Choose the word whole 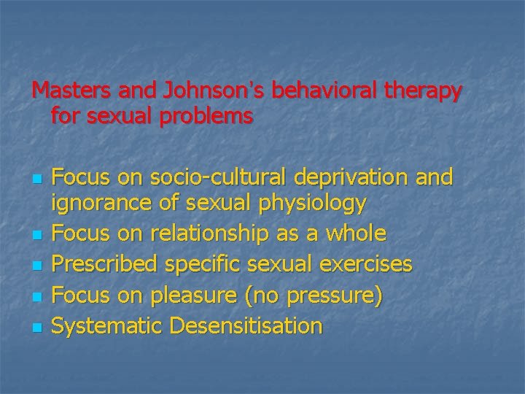click(x=357, y=233)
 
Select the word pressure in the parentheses click(x=332, y=295)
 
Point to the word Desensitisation click(x=246, y=325)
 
